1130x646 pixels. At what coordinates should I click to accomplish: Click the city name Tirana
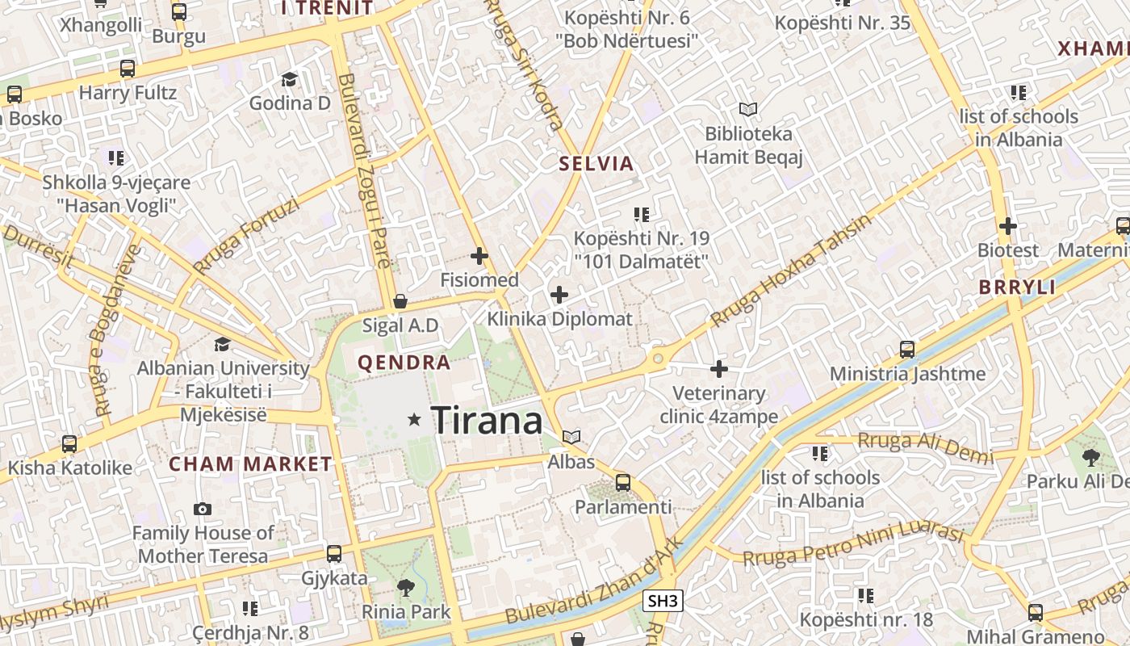coord(487,421)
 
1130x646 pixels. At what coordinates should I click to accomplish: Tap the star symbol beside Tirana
coord(415,419)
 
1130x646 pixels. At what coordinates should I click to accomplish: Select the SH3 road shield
coord(663,601)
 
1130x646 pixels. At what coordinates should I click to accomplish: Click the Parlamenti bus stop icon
coord(623,483)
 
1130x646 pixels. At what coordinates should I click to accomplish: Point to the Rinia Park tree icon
coord(405,588)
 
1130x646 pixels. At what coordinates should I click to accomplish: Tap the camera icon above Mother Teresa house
coord(203,509)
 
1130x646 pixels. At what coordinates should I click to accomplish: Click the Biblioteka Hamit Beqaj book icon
coord(748,109)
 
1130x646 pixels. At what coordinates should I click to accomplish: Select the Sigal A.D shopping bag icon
coord(400,302)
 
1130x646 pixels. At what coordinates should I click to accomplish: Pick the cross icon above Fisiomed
coord(479,256)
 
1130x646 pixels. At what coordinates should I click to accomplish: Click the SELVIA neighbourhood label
coord(596,164)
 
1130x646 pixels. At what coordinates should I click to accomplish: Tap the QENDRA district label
coord(404,363)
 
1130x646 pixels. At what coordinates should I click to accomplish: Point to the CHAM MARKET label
coord(250,464)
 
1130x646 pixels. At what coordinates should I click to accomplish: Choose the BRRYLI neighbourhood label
coord(1017,287)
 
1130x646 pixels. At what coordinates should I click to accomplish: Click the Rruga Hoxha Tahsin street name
coord(791,271)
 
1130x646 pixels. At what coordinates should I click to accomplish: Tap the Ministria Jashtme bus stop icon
coord(907,350)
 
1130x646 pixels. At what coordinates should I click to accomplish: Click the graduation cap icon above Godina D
coord(289,79)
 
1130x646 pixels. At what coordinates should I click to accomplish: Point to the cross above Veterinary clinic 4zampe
coord(718,369)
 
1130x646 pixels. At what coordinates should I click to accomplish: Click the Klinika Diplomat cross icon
coord(559,295)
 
